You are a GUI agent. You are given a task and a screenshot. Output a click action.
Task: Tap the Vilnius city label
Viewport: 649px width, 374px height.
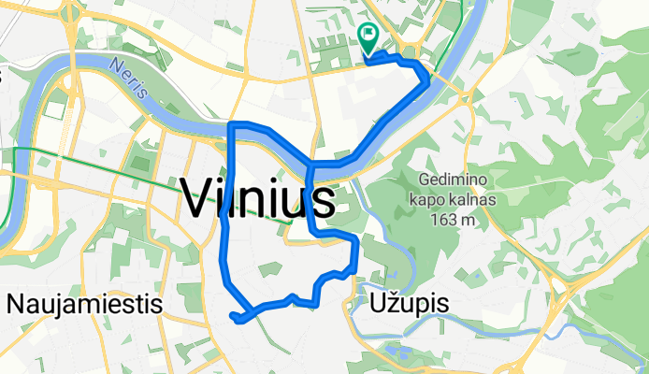(256, 198)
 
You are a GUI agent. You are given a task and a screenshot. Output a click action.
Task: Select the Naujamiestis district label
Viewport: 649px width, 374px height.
(85, 304)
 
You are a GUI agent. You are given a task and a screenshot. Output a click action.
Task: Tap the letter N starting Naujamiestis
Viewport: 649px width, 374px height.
(15, 304)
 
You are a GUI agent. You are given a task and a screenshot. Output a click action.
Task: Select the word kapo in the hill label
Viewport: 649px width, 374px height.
(425, 200)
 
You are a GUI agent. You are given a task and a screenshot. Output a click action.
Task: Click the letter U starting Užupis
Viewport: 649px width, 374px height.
(380, 304)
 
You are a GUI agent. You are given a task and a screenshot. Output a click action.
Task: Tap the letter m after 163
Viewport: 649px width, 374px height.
(461, 220)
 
